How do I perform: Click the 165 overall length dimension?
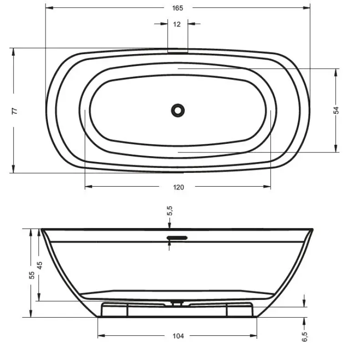pyautogui.click(x=178, y=8)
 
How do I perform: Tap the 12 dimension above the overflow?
pyautogui.click(x=177, y=24)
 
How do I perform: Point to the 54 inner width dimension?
pyautogui.click(x=337, y=110)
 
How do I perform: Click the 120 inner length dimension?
pyautogui.click(x=179, y=187)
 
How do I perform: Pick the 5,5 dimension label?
pyautogui.click(x=170, y=210)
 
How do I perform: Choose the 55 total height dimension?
pyautogui.click(x=31, y=275)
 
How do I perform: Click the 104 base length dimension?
pyautogui.click(x=178, y=336)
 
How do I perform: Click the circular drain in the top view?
pyautogui.click(x=178, y=110)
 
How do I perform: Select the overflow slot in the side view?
pyautogui.click(x=178, y=238)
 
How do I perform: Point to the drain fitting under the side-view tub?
pyautogui.click(x=177, y=301)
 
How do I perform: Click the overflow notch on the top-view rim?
pyautogui.click(x=177, y=51)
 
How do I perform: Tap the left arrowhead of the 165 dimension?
pyautogui.click(x=48, y=8)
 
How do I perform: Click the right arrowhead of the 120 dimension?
pyautogui.click(x=268, y=187)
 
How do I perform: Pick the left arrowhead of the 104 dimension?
pyautogui.click(x=101, y=336)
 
